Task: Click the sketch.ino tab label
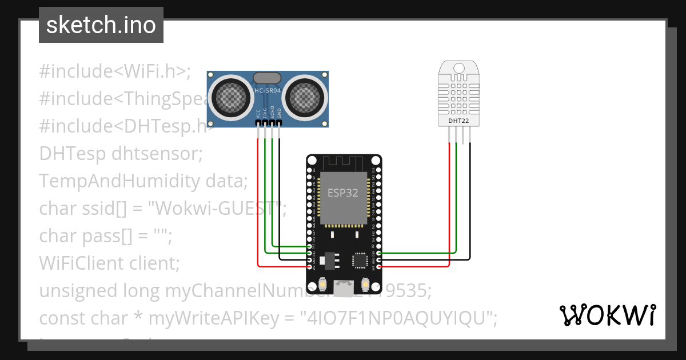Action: tap(101, 26)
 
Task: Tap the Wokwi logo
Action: tap(607, 315)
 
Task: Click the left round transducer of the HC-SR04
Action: tap(232, 96)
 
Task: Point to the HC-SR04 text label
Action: tap(268, 91)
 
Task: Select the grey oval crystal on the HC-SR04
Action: tap(267, 78)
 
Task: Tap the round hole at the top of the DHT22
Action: tap(460, 69)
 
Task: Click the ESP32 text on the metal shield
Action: tap(343, 193)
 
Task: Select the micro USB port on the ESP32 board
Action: tap(343, 289)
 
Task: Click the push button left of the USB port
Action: tap(323, 284)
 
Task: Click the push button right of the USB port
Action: tap(365, 284)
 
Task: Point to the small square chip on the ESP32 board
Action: tap(360, 260)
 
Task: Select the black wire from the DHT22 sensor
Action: tap(470, 200)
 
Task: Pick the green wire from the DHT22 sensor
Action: tap(456, 200)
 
